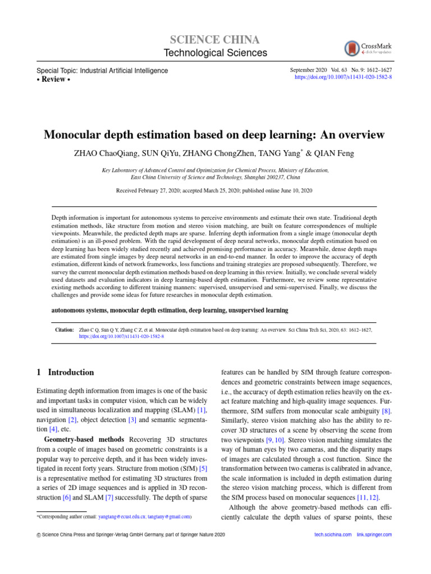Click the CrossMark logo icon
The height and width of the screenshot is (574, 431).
[352, 48]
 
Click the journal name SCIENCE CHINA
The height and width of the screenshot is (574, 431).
[215, 40]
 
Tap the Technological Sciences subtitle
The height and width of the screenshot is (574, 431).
[215, 53]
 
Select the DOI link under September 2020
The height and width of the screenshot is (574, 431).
[343, 77]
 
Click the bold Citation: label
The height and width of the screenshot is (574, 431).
[65, 331]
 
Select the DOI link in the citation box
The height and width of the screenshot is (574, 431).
[121, 338]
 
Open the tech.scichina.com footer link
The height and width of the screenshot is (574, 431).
[333, 535]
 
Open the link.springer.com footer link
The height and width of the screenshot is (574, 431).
[374, 535]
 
